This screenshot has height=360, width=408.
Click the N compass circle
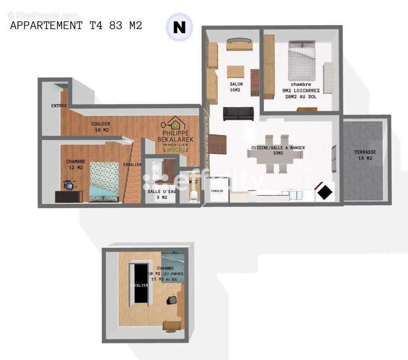click(x=179, y=27)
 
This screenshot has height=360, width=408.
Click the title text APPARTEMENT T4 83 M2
click(x=76, y=26)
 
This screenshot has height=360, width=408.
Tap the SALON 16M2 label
click(x=236, y=87)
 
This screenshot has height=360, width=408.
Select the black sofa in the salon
click(x=238, y=114)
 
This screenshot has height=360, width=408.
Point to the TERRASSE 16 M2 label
click(x=365, y=155)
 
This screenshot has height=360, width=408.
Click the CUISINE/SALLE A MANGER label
click(x=278, y=150)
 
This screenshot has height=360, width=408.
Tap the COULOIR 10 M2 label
click(x=100, y=127)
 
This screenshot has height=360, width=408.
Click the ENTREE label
click(x=59, y=106)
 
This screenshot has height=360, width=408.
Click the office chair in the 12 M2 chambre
click(x=69, y=185)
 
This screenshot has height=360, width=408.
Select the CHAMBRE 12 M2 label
click(x=75, y=165)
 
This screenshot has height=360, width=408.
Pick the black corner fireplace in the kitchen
click(x=325, y=192)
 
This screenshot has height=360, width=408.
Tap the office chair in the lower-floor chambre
click(x=172, y=300)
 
